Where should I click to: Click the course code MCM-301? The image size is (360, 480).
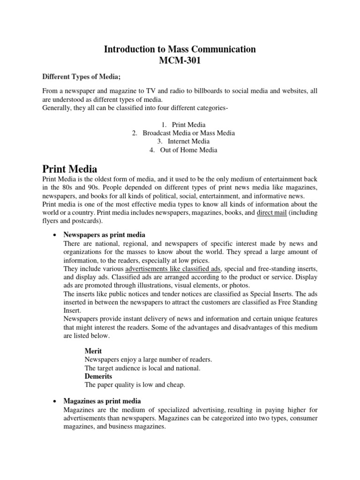tap(180, 60)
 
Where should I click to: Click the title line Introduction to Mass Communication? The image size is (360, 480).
tap(180, 49)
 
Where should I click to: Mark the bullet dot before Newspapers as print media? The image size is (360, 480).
tap(55, 235)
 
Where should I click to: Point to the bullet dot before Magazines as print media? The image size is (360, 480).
tap(55, 402)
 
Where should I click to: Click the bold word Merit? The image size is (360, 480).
tap(93, 351)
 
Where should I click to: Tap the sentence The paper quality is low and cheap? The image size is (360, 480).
tap(135, 385)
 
